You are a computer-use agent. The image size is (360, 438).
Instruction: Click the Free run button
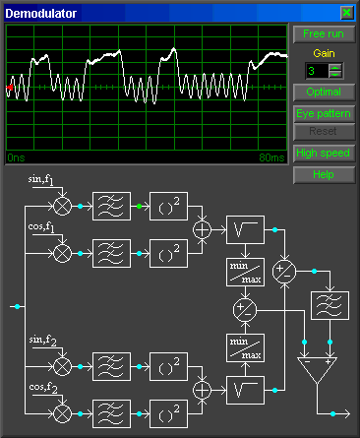[x=322, y=33]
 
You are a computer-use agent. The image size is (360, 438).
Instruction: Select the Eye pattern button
[x=322, y=113]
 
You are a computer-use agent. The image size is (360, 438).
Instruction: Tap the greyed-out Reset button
[x=322, y=131]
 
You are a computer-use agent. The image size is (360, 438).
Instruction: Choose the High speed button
[x=322, y=154]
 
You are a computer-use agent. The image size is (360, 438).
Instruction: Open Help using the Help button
[x=322, y=174]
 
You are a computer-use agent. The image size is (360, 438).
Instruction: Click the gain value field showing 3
[x=316, y=71]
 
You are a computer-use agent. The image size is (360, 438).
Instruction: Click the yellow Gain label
[x=323, y=53]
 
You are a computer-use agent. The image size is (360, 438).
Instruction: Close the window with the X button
[x=346, y=12]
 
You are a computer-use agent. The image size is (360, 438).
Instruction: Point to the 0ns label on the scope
[x=16, y=156]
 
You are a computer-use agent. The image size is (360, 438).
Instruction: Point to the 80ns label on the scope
[x=270, y=156]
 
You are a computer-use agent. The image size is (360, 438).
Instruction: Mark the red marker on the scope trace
[x=10, y=89]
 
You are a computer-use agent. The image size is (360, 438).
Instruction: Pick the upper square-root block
[x=245, y=229]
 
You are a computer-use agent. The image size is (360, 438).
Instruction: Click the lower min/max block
[x=245, y=346]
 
